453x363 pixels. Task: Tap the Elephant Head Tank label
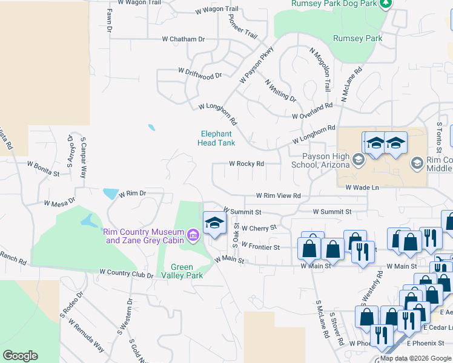[x=216, y=139]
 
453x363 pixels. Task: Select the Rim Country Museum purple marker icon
[x=193, y=235]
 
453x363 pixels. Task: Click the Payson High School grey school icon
[x=357, y=160]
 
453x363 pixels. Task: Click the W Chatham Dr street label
[x=184, y=39]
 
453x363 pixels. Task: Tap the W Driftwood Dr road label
[x=200, y=73]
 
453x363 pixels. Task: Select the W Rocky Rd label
[x=246, y=164]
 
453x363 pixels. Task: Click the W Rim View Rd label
[x=278, y=196]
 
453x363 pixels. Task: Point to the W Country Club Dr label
[x=126, y=274]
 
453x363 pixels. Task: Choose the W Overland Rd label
[x=312, y=111]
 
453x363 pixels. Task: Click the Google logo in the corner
[x=20, y=356]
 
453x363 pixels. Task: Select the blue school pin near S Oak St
[x=214, y=223]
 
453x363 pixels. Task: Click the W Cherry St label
[x=259, y=228]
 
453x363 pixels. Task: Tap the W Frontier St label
[x=260, y=247]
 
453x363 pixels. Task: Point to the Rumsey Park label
[x=358, y=39]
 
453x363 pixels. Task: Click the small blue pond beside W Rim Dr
[x=110, y=194]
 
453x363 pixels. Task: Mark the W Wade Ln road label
[x=362, y=188]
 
